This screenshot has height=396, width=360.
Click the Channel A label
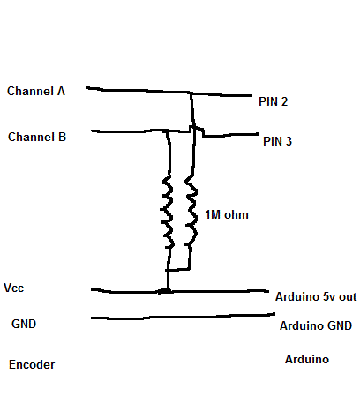[x=35, y=92]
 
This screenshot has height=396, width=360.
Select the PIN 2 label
[x=273, y=102]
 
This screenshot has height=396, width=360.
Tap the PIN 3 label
[x=277, y=140]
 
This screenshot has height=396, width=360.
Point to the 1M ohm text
[x=228, y=215]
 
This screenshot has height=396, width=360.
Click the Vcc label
[x=14, y=288]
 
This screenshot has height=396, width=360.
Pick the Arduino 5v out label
[x=316, y=297]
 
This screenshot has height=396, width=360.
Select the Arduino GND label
[x=316, y=326]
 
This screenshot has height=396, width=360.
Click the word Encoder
[x=32, y=364]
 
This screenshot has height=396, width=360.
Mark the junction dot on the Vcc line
[x=164, y=289]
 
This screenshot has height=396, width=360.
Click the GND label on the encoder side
[x=24, y=324]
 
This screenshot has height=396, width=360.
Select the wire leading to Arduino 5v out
[x=221, y=289]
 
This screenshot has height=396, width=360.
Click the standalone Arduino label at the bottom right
[x=307, y=360]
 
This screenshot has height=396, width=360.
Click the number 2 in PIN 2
[x=284, y=102]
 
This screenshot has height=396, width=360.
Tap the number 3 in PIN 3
[x=289, y=140]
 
